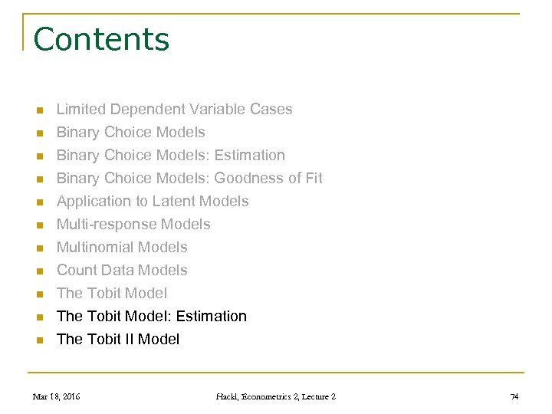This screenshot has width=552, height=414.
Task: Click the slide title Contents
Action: tap(101, 39)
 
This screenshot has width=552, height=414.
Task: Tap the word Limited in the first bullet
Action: tap(80, 109)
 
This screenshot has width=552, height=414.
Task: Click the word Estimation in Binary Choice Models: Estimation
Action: tap(249, 155)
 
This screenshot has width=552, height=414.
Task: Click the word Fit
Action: tap(313, 178)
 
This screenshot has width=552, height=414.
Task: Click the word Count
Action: tap(77, 270)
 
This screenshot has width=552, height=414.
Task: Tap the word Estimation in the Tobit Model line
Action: tap(211, 316)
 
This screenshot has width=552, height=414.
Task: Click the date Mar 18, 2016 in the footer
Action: tap(57, 396)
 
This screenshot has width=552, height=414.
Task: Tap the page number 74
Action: tap(514, 396)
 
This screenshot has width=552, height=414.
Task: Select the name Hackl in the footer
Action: tap(227, 396)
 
